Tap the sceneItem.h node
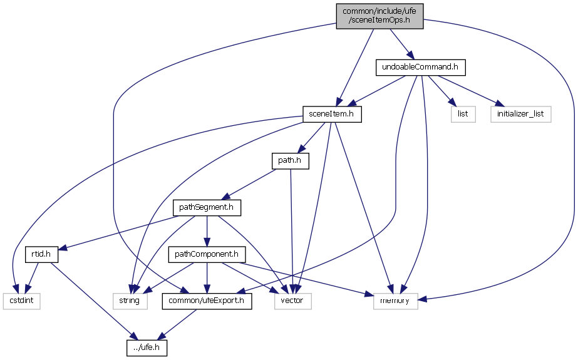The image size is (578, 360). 332,114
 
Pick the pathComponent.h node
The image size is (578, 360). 207,254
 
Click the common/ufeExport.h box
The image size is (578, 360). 207,301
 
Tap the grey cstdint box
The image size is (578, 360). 21,301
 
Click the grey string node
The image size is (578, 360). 130,301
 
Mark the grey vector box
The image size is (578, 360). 292,301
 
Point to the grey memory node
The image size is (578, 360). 395,301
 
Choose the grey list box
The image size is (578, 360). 463,114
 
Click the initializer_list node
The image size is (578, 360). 521,114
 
